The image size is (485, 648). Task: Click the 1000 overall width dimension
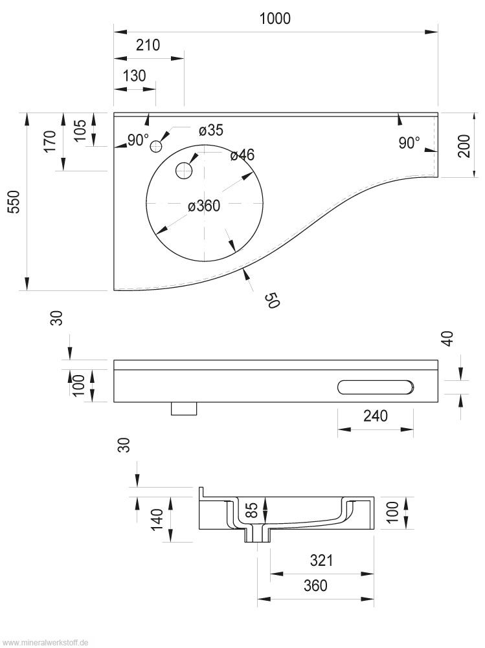[x=275, y=19]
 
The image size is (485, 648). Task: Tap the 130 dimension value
[x=134, y=75]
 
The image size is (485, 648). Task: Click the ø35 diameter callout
[x=211, y=131]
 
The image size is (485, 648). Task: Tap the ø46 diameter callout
[x=242, y=155]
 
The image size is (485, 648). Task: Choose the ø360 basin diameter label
[x=204, y=206]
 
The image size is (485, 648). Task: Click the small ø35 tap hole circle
[x=155, y=147]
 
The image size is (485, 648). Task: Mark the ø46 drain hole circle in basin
[x=184, y=171]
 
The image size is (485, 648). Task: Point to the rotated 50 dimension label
[x=271, y=300]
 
